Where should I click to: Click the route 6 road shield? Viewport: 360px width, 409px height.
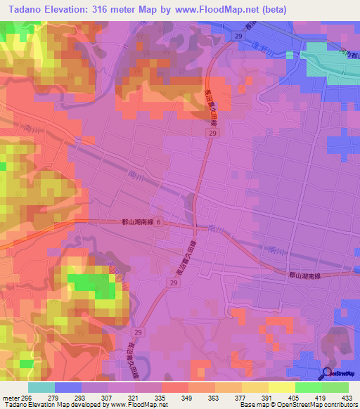coord(158,222)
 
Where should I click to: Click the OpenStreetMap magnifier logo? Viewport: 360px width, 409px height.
coord(327,374)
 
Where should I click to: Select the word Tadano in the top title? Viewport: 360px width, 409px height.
coord(24,9)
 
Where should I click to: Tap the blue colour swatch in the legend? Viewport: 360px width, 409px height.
coord(67,387)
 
